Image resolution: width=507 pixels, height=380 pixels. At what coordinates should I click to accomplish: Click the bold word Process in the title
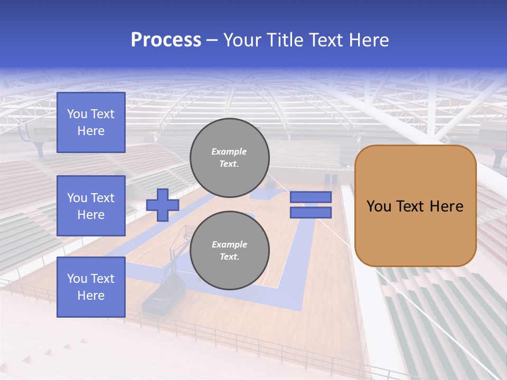pyautogui.click(x=166, y=40)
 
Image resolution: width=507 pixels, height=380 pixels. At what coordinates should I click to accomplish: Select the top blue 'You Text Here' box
pyautogui.click(x=91, y=122)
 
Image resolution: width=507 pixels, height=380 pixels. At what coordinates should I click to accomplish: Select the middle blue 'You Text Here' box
pyautogui.click(x=91, y=206)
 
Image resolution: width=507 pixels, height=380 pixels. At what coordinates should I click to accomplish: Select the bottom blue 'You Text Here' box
pyautogui.click(x=91, y=287)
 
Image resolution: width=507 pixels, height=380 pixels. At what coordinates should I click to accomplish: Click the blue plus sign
pyautogui.click(x=163, y=205)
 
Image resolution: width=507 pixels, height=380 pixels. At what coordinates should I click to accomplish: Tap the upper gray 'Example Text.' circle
pyautogui.click(x=230, y=158)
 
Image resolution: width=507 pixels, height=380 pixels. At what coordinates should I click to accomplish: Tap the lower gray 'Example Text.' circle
pyautogui.click(x=230, y=251)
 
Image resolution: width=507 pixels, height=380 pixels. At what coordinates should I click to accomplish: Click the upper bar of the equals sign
pyautogui.click(x=311, y=197)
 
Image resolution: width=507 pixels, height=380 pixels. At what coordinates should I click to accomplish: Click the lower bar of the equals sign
pyautogui.click(x=311, y=213)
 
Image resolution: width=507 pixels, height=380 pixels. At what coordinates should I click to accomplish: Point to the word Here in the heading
pyautogui.click(x=368, y=40)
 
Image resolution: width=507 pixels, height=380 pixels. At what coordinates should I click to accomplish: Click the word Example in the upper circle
pyautogui.click(x=229, y=151)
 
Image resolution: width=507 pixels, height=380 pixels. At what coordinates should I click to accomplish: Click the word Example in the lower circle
pyautogui.click(x=229, y=244)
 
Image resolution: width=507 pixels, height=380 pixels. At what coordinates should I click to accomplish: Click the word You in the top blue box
pyautogui.click(x=77, y=114)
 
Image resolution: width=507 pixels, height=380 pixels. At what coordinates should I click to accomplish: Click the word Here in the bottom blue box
pyautogui.click(x=91, y=296)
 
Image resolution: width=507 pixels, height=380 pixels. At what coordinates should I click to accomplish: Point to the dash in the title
pyautogui.click(x=212, y=40)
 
